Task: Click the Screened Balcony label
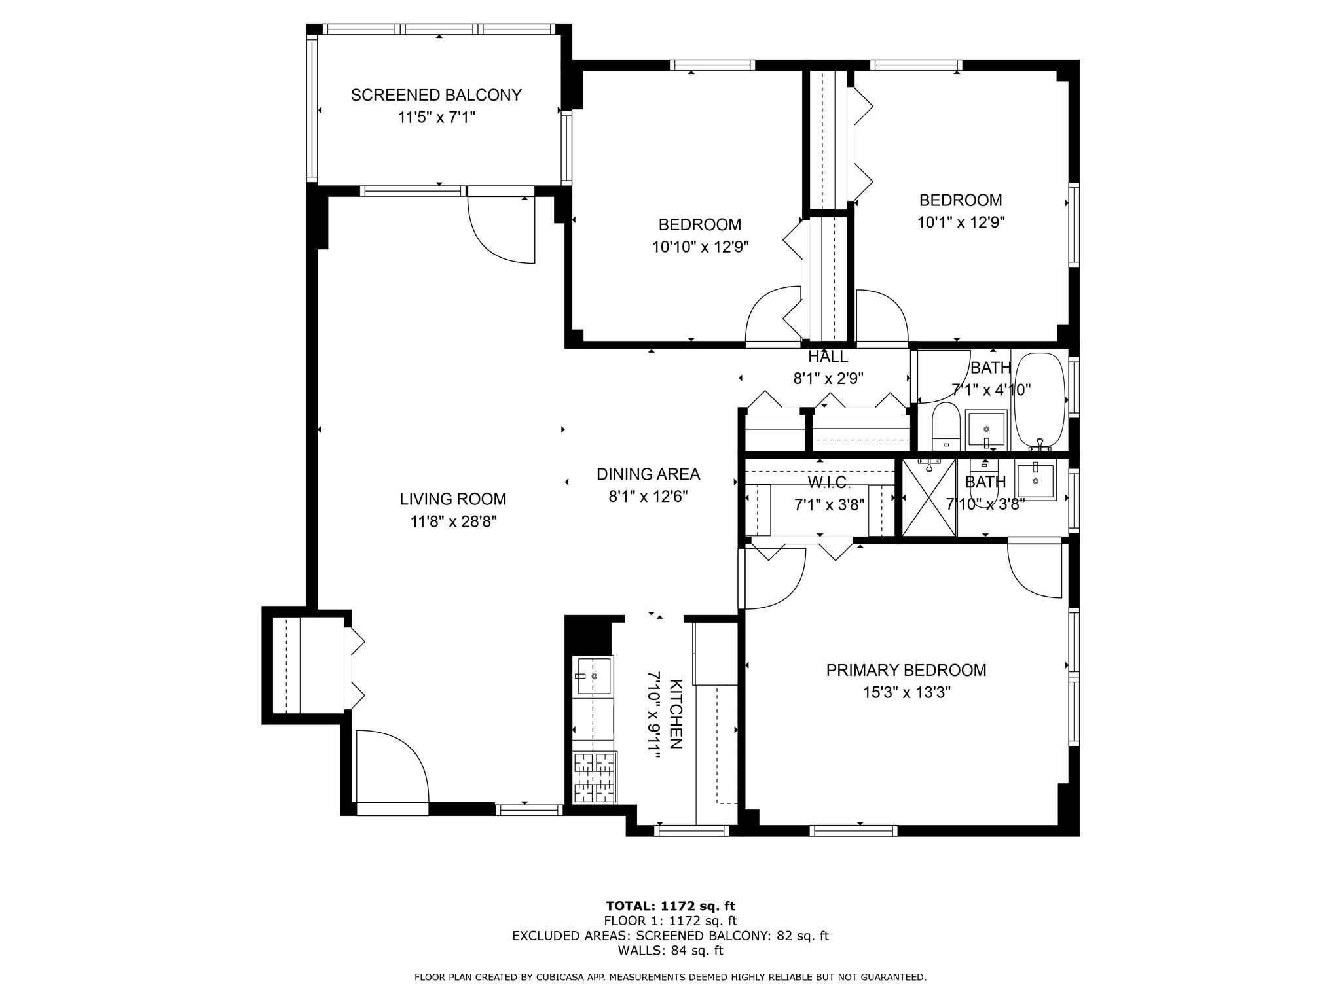click(436, 96)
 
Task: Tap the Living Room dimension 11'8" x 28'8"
click(453, 522)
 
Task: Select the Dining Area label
click(648, 474)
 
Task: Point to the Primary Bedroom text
click(906, 670)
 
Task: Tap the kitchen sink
click(594, 675)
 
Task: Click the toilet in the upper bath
click(946, 427)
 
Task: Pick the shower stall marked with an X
click(929, 497)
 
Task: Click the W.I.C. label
click(829, 483)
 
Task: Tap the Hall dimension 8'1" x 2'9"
click(828, 378)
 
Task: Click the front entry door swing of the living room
click(391, 768)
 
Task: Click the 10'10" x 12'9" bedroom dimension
click(700, 247)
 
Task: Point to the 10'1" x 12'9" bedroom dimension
click(961, 222)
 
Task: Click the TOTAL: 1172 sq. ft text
click(670, 906)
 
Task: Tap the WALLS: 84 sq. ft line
click(670, 951)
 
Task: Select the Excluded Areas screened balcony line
click(670, 936)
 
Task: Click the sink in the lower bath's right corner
click(1036, 482)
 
